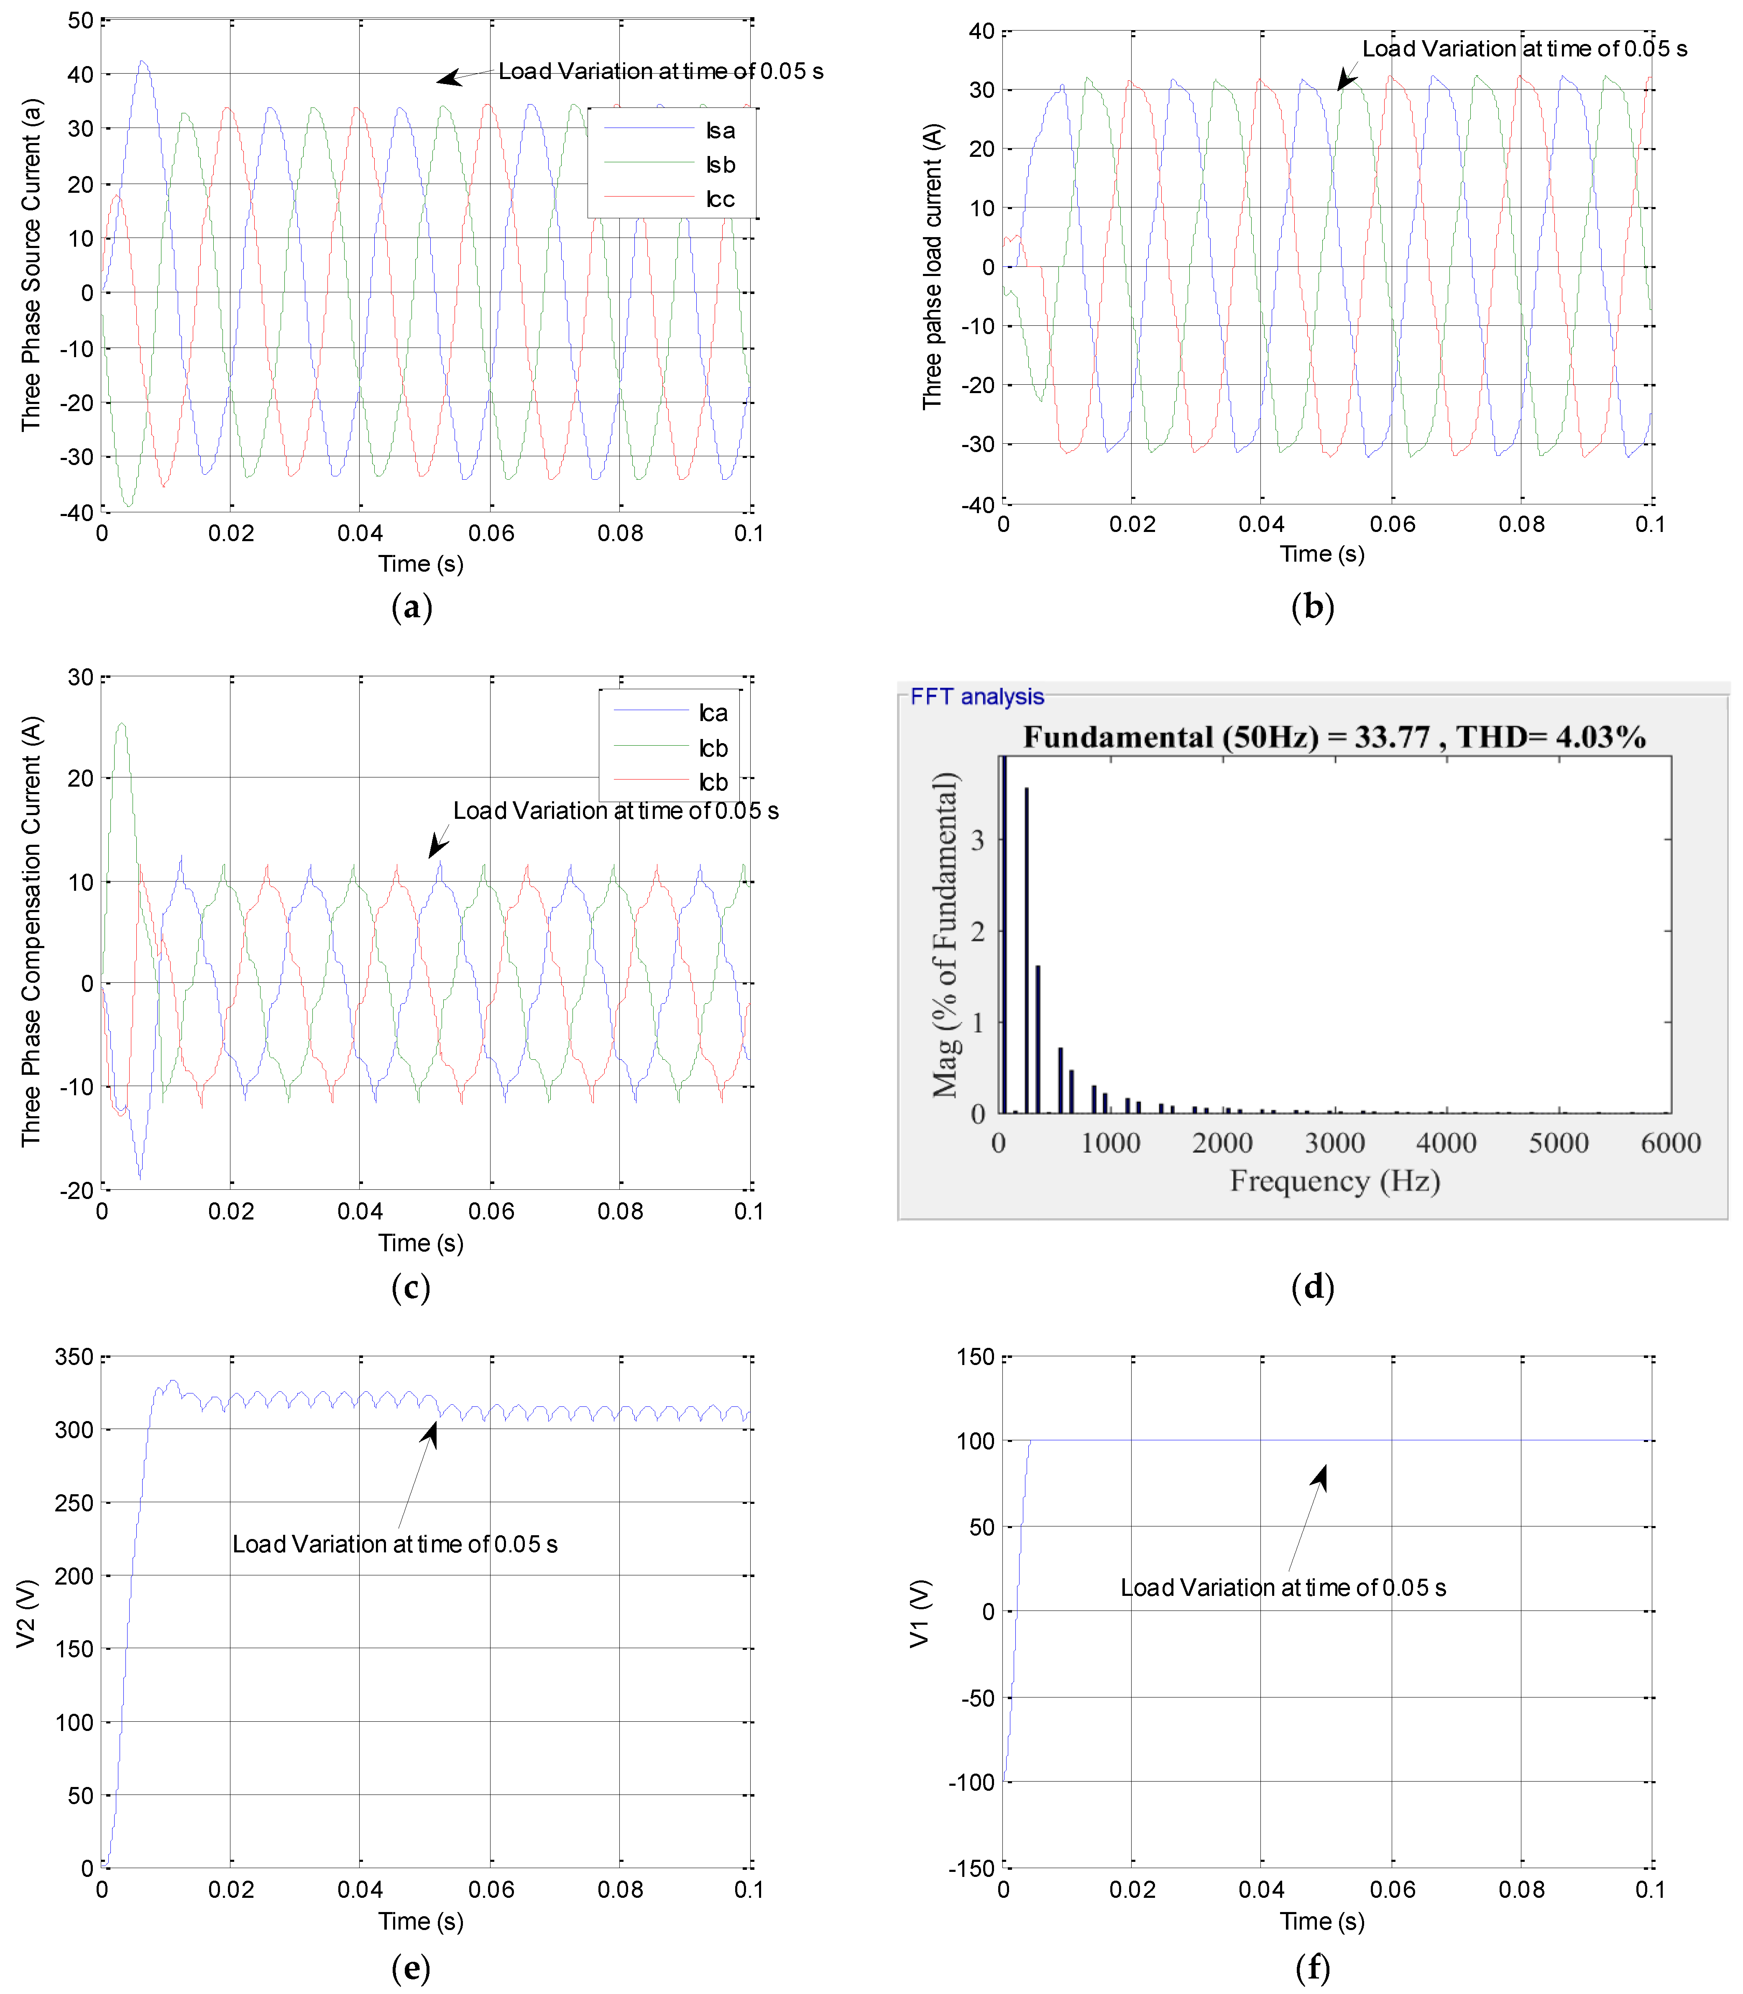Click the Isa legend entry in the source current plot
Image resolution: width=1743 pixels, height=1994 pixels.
coord(720,130)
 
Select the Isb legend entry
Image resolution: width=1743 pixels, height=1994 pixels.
coord(720,164)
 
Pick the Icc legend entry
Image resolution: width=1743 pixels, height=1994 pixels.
coord(720,199)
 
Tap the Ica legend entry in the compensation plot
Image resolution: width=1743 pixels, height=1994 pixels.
coord(713,713)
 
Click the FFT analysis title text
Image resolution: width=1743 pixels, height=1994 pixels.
coord(976,696)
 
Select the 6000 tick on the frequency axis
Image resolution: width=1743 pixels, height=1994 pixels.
coord(1670,1143)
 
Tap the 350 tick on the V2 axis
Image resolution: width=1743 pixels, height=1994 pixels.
coord(74,1357)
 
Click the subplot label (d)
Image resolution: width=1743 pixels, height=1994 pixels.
coord(1312,1287)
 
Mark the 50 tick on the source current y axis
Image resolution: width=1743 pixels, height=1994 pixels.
coord(81,20)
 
